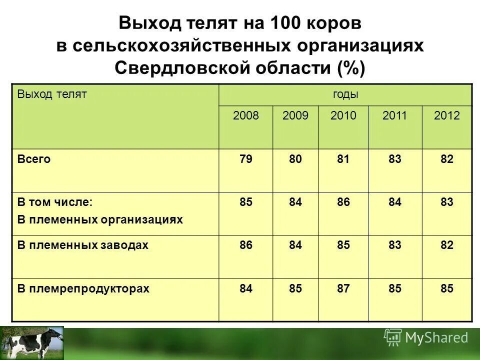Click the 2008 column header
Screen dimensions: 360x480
coord(246,116)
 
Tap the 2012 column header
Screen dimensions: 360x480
coord(446,116)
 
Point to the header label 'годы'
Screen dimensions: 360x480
coord(345,94)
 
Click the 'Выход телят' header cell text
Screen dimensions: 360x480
coord(52,94)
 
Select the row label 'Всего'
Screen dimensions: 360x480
coord(34,159)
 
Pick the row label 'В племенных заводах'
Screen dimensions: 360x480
coord(83,245)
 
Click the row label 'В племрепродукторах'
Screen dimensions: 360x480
coord(83,288)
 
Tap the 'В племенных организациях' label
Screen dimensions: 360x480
coord(100,219)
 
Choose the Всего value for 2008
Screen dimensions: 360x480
coord(246,159)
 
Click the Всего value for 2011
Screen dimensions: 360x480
coord(395,159)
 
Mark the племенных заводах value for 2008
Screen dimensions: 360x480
coord(246,245)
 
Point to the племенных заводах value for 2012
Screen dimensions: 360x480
coord(446,245)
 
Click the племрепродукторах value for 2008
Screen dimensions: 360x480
coord(246,288)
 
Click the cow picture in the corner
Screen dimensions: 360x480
coord(32,342)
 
